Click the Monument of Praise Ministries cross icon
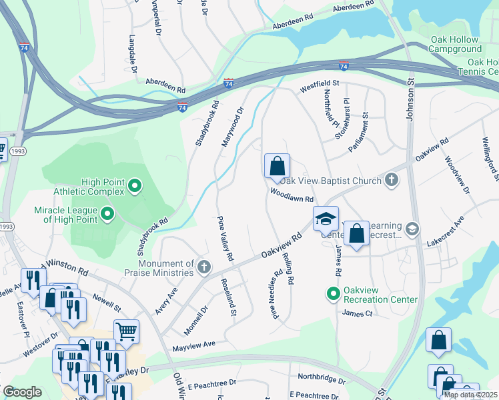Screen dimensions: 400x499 [x=205, y=268]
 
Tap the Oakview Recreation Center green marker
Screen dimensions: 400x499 [x=332, y=293]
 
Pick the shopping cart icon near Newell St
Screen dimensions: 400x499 [x=126, y=331]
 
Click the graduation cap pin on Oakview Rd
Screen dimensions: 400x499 [x=325, y=219]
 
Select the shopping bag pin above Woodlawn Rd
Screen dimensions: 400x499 [x=277, y=166]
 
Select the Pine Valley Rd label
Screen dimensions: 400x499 [x=225, y=238]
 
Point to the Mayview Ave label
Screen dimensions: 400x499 [x=193, y=345]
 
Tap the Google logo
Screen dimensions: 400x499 [x=22, y=391]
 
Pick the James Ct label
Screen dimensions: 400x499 [x=356, y=313]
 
